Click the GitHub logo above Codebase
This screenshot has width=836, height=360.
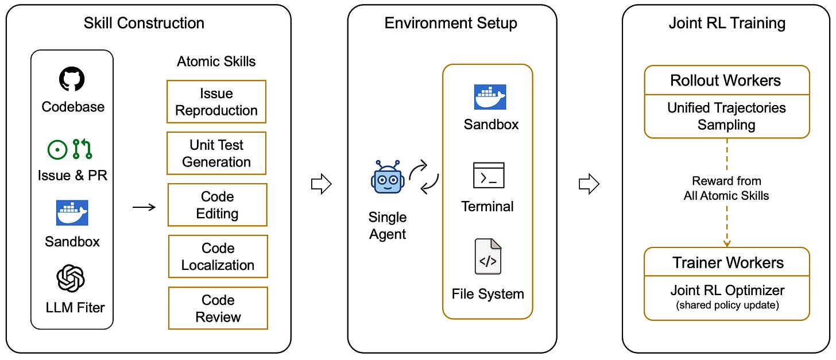click(72, 79)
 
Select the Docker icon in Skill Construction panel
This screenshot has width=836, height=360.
click(72, 212)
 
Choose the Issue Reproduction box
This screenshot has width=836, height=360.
click(216, 102)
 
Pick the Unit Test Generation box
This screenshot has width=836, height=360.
click(216, 153)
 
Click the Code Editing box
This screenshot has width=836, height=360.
click(217, 205)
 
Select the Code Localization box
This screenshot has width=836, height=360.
click(218, 257)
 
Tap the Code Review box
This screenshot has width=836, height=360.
click(218, 308)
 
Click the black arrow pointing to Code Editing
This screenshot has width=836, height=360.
click(144, 207)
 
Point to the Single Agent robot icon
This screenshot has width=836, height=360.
click(388, 177)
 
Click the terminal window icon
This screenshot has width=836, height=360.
click(488, 175)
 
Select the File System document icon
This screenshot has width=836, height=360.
click(488, 256)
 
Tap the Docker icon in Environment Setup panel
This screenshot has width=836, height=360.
click(490, 96)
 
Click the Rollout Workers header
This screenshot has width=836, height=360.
click(726, 80)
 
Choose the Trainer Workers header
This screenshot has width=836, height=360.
click(727, 262)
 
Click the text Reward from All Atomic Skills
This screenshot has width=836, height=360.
click(726, 188)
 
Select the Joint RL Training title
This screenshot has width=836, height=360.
click(727, 23)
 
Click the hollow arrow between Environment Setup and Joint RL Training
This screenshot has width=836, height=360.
click(589, 184)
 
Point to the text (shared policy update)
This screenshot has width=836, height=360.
click(727, 305)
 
